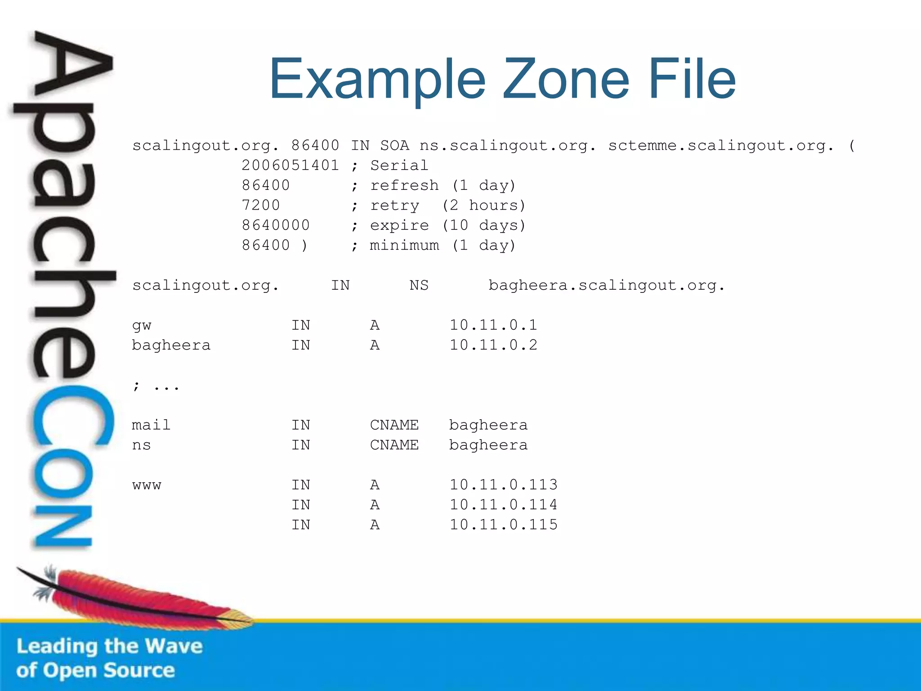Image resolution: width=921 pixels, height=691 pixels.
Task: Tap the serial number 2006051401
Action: coord(290,166)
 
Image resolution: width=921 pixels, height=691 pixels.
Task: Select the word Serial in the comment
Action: coord(399,166)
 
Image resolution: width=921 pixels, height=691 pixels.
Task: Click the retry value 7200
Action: coord(261,206)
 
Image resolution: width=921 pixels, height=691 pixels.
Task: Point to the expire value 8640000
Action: coord(276,225)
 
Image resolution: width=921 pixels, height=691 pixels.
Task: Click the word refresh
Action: coord(404,185)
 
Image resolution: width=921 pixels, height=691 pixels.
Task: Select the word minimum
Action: coord(404,246)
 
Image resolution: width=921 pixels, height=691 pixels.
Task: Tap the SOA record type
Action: coord(394,146)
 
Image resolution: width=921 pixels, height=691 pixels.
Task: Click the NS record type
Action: coord(419,286)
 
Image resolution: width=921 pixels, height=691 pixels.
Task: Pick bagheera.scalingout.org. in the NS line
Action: coord(607,286)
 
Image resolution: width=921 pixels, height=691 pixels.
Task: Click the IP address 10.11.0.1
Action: coord(493,325)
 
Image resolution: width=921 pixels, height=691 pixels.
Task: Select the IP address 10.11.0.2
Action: coord(493,345)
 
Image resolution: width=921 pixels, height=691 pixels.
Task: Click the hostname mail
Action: coord(151,425)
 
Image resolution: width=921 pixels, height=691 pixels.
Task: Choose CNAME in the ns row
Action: coord(394,445)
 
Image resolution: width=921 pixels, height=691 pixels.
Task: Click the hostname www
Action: coord(147,485)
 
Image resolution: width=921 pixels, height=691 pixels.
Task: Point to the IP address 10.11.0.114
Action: coord(503,505)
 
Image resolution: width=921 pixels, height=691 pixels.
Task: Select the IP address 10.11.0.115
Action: coord(503,525)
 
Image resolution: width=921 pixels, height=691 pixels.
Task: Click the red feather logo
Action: coord(135,596)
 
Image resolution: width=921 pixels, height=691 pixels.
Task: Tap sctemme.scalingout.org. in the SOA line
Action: coord(721,146)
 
